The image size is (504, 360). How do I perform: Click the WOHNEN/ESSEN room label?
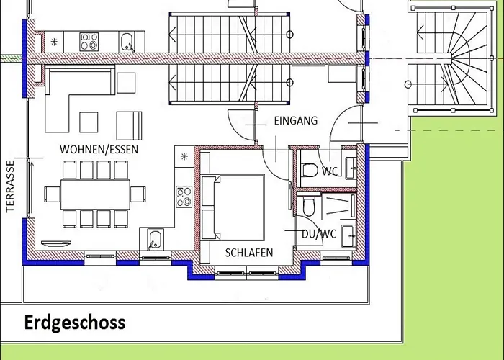99,150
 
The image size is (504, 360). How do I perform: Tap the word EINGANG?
296,121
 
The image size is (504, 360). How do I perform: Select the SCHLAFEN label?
249,253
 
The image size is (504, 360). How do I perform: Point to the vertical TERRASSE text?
11,186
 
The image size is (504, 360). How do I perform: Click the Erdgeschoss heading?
75,323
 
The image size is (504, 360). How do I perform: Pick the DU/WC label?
319,234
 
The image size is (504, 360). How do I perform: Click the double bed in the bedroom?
233,207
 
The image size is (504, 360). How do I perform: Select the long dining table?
95,195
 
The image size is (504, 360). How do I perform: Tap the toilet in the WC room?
310,171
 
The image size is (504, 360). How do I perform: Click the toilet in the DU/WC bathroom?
309,207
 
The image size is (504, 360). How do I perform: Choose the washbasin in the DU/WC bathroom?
348,235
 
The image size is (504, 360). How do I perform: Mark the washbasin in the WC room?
351,168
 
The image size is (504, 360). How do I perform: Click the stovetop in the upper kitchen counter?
89,42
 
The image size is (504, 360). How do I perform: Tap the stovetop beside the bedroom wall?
184,197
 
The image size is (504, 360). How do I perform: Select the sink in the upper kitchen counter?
127,42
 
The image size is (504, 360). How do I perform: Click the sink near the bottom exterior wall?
156,240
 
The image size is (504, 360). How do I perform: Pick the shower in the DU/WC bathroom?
338,205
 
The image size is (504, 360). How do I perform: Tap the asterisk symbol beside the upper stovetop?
54,42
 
